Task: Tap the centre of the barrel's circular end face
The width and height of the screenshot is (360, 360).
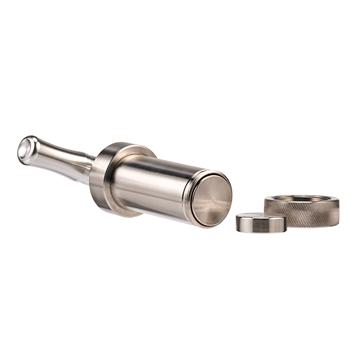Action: pyautogui.click(x=211, y=199)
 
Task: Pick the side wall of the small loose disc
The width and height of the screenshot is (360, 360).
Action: pyautogui.click(x=260, y=227)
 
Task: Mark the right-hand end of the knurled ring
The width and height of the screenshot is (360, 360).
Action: pyautogui.click(x=338, y=207)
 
